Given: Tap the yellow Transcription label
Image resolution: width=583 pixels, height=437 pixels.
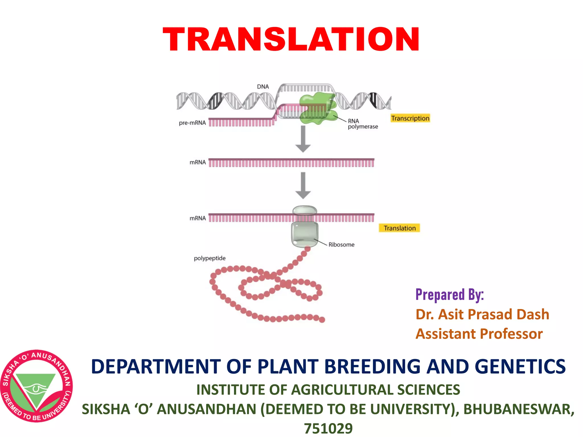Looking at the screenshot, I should [410, 118].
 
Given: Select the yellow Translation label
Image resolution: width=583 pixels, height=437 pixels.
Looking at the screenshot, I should [399, 228].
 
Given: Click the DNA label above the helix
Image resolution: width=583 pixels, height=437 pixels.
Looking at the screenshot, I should [263, 86].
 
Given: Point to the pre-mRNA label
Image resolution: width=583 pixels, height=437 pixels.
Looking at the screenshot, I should [192, 123].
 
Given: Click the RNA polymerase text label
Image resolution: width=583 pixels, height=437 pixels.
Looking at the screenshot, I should [362, 124].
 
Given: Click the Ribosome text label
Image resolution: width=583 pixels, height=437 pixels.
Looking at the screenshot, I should [341, 245].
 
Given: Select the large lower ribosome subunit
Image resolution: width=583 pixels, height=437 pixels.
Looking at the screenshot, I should [304, 234].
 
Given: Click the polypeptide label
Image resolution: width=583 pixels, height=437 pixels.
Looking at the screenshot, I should [210, 258].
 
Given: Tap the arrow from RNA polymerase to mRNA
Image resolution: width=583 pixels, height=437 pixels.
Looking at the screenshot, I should [303, 139].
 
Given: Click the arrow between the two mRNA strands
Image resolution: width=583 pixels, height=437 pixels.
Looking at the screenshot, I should [303, 185].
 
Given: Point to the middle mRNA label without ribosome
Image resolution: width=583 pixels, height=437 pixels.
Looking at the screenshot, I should [198, 162].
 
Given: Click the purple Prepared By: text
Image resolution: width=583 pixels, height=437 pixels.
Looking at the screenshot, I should [449, 295].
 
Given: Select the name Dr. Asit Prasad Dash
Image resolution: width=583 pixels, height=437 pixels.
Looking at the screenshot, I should [482, 314].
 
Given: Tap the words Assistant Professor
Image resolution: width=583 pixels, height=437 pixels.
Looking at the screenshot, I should [479, 334].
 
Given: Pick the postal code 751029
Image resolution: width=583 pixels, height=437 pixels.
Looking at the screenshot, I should [328, 428].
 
